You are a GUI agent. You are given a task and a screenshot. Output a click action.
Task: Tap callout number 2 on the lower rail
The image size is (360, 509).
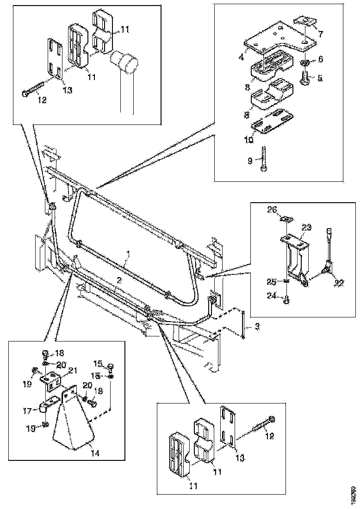[x=119, y=280]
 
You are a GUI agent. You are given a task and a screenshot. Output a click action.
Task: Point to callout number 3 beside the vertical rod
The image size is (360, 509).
[x=257, y=327]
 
